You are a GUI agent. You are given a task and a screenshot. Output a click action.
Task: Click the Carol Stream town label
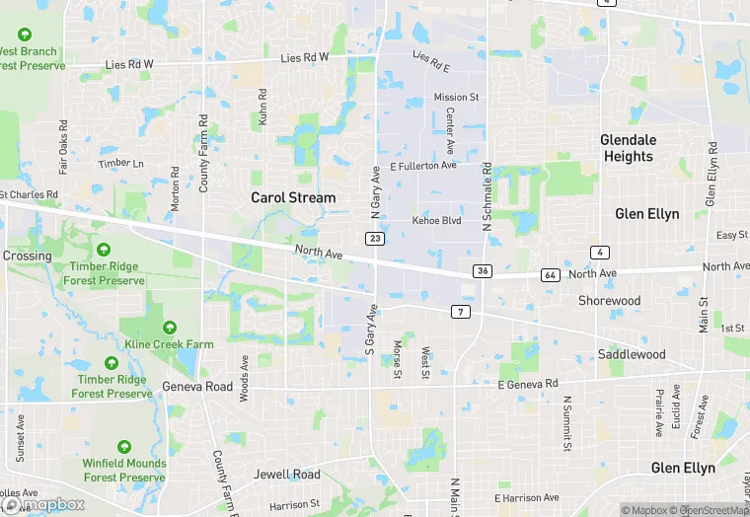[x=293, y=197]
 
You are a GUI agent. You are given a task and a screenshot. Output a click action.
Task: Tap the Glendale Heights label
[x=628, y=148]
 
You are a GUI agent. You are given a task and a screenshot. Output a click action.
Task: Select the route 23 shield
[x=375, y=239]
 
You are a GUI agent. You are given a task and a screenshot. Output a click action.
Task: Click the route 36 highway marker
[x=482, y=270]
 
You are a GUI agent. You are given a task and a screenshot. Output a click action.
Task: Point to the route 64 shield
[x=550, y=274]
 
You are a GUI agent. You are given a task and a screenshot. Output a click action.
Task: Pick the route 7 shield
[x=461, y=312]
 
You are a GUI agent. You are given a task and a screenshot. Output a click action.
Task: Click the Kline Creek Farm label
[x=170, y=344]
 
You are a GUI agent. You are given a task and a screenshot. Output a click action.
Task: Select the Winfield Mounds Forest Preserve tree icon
[x=124, y=447]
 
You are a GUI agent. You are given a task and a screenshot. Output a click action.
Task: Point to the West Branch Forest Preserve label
[x=30, y=58]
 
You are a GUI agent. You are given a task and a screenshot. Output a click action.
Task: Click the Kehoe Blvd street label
[x=436, y=220]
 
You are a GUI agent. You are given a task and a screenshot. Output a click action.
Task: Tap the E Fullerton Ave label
[x=423, y=166]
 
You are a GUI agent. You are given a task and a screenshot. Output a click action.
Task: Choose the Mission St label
[x=456, y=98]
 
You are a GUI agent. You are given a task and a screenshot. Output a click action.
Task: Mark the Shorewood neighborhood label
[x=609, y=301]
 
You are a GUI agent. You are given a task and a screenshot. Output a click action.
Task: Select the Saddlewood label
[x=632, y=354]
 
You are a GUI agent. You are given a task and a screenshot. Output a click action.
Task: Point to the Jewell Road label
[x=287, y=475]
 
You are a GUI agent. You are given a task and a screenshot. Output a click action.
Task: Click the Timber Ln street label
[x=120, y=164]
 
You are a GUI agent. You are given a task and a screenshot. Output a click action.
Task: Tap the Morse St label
[x=398, y=359]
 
